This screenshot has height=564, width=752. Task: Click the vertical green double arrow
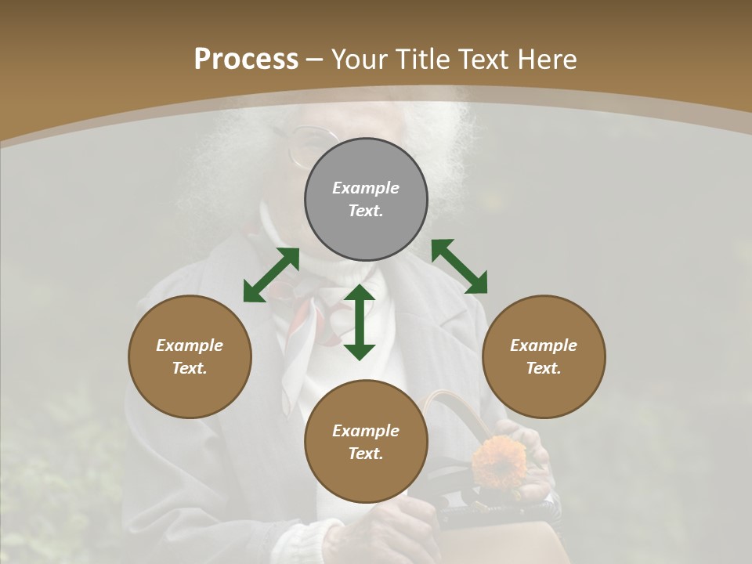360,322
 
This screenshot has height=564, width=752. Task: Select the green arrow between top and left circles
271,275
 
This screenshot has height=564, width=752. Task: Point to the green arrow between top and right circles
460,266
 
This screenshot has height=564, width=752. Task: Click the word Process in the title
246,60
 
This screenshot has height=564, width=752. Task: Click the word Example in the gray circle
366,188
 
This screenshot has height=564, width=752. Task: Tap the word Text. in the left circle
190,368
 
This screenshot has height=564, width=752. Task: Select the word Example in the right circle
544,345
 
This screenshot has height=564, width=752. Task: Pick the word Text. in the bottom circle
366,454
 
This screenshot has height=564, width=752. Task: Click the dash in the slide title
315,60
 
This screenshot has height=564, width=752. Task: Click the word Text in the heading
482,60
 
